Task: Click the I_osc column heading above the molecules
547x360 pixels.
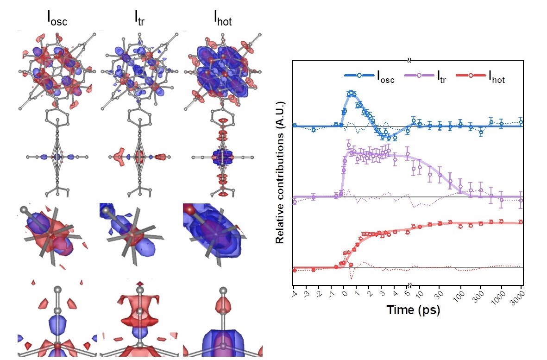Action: point(57,20)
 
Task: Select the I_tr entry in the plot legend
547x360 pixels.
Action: point(440,79)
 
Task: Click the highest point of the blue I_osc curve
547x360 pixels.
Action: point(351,93)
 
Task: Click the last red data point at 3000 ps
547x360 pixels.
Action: point(521,222)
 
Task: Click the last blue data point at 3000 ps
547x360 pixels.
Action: point(521,122)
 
